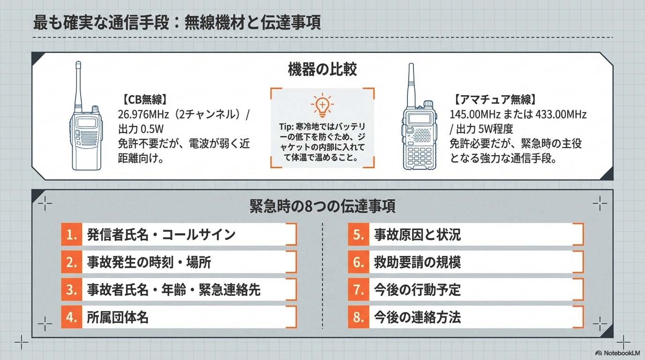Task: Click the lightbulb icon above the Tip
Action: tap(322, 105)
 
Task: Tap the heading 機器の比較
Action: tap(322, 70)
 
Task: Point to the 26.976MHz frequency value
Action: tap(141, 114)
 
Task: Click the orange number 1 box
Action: tap(71, 235)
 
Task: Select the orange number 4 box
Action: tap(71, 317)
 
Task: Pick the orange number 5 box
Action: tap(359, 235)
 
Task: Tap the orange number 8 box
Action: tap(359, 317)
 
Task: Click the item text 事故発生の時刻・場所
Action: tap(149, 262)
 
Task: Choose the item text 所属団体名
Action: tap(118, 317)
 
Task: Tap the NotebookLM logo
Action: tap(615, 353)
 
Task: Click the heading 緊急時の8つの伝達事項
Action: tap(322, 206)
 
